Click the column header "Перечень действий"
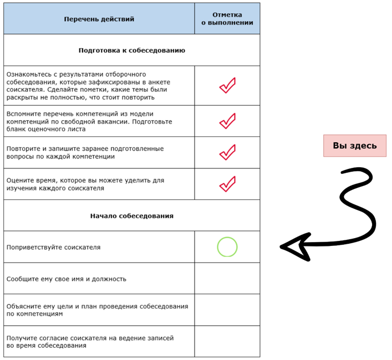[99, 19]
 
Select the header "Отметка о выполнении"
[227, 19]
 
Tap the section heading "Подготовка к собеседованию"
[131, 50]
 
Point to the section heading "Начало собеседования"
[131, 215]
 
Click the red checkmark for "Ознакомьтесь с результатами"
[227, 86]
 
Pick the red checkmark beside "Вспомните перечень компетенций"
[227, 121]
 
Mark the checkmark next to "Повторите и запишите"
[227, 152]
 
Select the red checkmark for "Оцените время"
[227, 184]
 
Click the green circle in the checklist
[227, 247]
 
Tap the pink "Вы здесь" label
[354, 146]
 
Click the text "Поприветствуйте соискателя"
[54, 247]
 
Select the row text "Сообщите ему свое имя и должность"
[67, 279]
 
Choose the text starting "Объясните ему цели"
[97, 310]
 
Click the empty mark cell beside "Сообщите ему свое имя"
[227, 279]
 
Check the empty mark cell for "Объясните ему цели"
[227, 310]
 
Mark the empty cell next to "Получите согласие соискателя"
[227, 341]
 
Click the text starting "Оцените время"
[85, 184]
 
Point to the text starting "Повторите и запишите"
[85, 152]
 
